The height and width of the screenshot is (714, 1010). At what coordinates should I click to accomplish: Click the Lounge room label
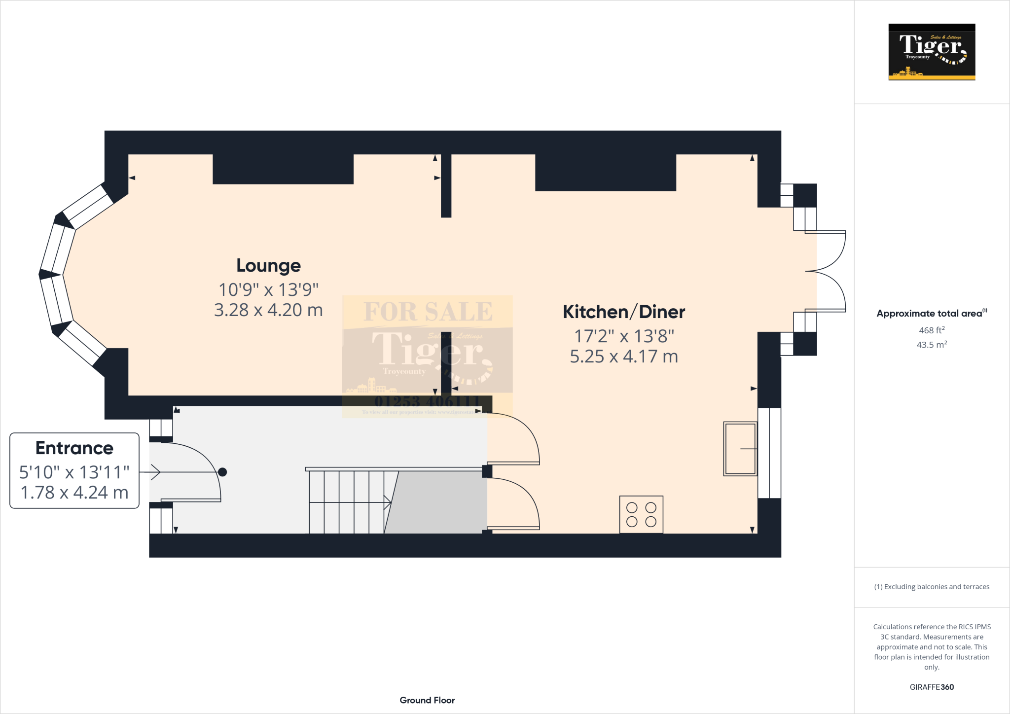point(268,266)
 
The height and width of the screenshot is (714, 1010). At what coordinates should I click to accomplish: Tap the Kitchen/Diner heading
point(623,312)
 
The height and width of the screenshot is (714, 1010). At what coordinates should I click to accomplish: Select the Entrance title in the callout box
point(74,448)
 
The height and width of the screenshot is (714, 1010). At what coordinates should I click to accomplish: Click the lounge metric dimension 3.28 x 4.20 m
point(268,310)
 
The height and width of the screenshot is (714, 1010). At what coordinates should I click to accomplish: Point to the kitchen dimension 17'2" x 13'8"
point(623,336)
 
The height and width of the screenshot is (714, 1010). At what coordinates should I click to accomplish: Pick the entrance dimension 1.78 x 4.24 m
point(74,493)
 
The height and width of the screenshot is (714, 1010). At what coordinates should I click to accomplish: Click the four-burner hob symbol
point(641,515)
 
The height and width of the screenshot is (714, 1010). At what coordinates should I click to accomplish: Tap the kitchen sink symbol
point(740,449)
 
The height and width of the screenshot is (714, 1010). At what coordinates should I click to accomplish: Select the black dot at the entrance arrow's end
point(222,472)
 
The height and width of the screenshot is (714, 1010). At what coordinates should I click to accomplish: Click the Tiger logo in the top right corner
point(932,52)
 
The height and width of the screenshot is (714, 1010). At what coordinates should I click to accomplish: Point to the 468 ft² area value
point(931,330)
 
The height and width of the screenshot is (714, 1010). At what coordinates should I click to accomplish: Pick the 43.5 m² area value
point(931,345)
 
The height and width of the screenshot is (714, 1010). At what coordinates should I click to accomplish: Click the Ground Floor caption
point(427,700)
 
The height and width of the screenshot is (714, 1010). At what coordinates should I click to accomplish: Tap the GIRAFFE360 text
point(931,687)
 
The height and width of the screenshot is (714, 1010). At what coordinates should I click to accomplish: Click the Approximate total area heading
point(930,314)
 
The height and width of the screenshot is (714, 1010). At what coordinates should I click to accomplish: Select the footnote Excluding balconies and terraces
point(932,587)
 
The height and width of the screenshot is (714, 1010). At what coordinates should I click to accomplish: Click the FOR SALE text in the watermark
point(428,312)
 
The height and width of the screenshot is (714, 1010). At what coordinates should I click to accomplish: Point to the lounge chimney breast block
point(283,169)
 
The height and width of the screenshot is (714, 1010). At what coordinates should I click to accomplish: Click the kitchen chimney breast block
point(605,173)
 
